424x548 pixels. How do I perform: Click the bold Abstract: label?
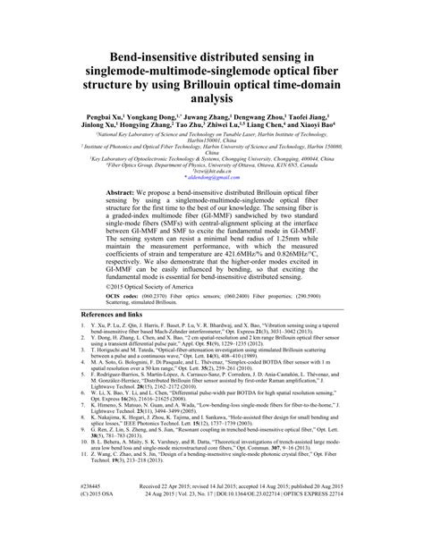point(123,218)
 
